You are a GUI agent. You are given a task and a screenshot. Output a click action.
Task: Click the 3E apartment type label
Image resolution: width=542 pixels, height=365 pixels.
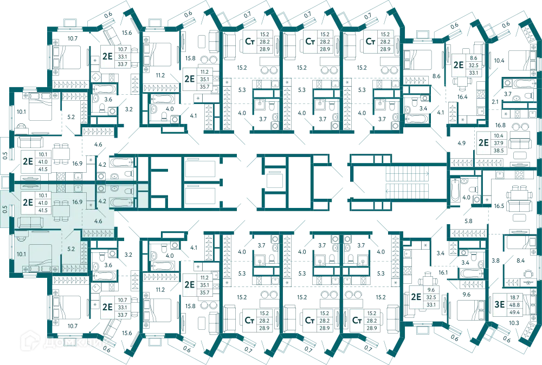(x=500, y=304)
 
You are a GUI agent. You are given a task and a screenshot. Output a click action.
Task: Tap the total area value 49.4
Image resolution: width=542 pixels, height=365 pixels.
(x=514, y=312)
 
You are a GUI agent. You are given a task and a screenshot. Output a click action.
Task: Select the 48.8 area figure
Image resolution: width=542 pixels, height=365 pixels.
(x=514, y=305)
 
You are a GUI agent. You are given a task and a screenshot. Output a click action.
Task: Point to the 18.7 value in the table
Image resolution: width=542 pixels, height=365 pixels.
(x=514, y=297)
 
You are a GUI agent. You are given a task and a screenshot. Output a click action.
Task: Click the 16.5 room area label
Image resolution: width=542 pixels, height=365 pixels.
(x=499, y=206)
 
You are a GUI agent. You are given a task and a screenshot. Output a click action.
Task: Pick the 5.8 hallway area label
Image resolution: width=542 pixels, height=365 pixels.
(x=468, y=221)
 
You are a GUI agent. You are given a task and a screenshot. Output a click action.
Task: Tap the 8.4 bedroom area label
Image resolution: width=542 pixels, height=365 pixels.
(x=520, y=260)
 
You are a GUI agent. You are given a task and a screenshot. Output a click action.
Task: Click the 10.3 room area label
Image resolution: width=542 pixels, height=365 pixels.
(x=514, y=323)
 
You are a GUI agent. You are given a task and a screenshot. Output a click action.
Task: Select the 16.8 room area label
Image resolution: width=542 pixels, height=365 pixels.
(x=500, y=125)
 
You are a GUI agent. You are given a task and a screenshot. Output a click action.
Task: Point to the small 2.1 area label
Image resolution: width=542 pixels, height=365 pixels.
(x=495, y=102)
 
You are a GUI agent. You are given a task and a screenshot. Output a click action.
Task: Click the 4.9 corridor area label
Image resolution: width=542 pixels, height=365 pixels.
(x=461, y=143)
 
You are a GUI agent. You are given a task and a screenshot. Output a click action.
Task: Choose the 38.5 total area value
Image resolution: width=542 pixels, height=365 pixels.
(x=499, y=151)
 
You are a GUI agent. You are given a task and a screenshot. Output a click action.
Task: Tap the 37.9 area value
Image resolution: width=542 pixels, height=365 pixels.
(x=499, y=143)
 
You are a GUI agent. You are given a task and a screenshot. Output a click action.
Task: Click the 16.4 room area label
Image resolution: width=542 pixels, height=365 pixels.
(x=462, y=97)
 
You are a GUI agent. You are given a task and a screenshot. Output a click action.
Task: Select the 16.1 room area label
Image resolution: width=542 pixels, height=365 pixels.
(x=443, y=272)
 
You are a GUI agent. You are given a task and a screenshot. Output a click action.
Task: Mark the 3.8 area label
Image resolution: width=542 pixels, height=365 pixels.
(x=496, y=260)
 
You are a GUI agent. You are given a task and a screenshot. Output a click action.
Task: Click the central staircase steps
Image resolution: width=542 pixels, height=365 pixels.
(x=407, y=182)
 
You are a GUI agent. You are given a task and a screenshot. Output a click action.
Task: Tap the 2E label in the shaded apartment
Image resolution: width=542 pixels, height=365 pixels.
(x=28, y=202)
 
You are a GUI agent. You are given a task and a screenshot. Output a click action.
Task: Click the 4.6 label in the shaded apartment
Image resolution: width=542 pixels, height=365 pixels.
(x=98, y=221)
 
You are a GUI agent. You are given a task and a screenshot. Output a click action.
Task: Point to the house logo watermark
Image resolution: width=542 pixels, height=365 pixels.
(x=30, y=341)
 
